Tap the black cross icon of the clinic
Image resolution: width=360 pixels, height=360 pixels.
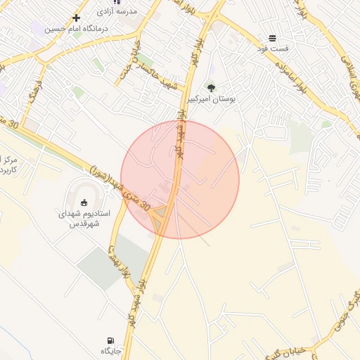pos(76,17)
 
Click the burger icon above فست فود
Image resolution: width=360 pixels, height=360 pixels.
pos(272,38)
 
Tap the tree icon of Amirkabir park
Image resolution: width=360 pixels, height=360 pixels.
pos(211,88)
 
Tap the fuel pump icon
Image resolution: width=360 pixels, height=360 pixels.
pos(110,340)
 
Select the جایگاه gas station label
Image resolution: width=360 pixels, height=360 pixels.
pos(111,350)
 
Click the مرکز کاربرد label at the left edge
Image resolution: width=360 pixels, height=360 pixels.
pos(8,166)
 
